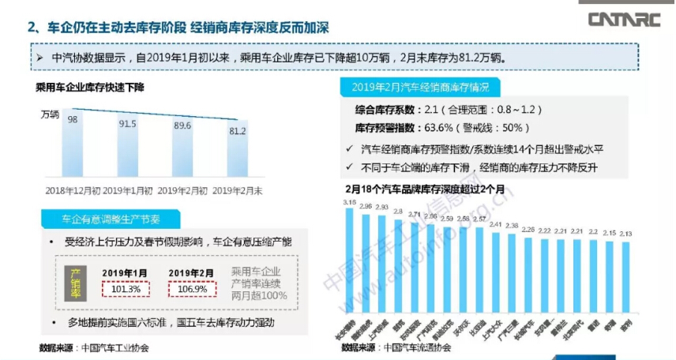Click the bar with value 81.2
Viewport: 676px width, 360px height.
(238, 154)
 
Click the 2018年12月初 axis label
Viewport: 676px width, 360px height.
(73, 190)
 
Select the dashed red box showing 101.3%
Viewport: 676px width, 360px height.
(126, 290)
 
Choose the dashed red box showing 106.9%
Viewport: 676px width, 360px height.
(192, 290)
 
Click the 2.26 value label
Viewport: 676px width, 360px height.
(528, 229)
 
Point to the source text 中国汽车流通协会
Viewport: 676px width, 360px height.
(425, 347)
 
